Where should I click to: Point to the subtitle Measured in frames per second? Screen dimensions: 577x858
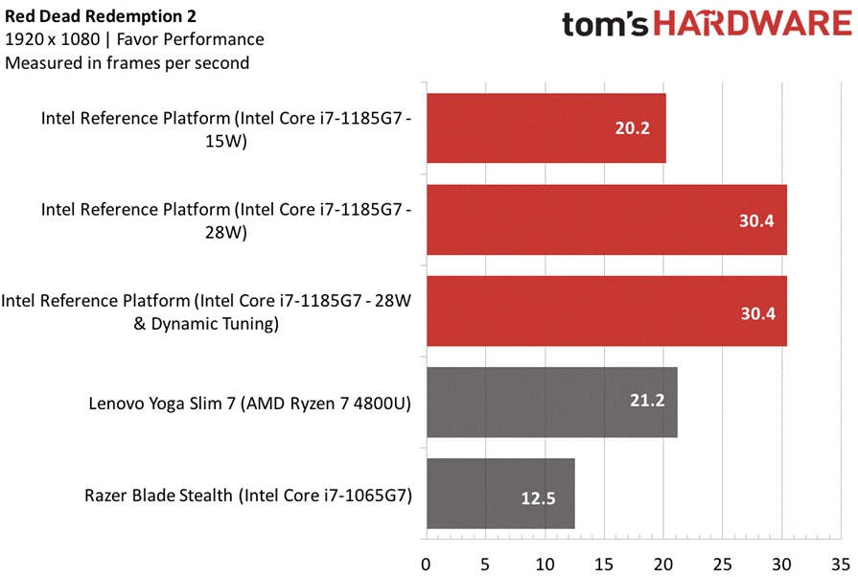coord(128,64)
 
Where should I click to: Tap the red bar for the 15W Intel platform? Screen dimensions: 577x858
coord(545,128)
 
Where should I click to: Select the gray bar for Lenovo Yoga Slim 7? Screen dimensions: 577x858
coord(551,403)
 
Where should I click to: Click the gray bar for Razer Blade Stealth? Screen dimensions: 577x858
coord(499,494)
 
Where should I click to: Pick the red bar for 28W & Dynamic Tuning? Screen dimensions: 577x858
coord(606,312)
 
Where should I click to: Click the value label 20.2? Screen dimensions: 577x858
coord(633,128)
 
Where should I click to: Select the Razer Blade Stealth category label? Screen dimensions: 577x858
coord(248,496)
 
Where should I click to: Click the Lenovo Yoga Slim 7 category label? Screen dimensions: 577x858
coord(249,404)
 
